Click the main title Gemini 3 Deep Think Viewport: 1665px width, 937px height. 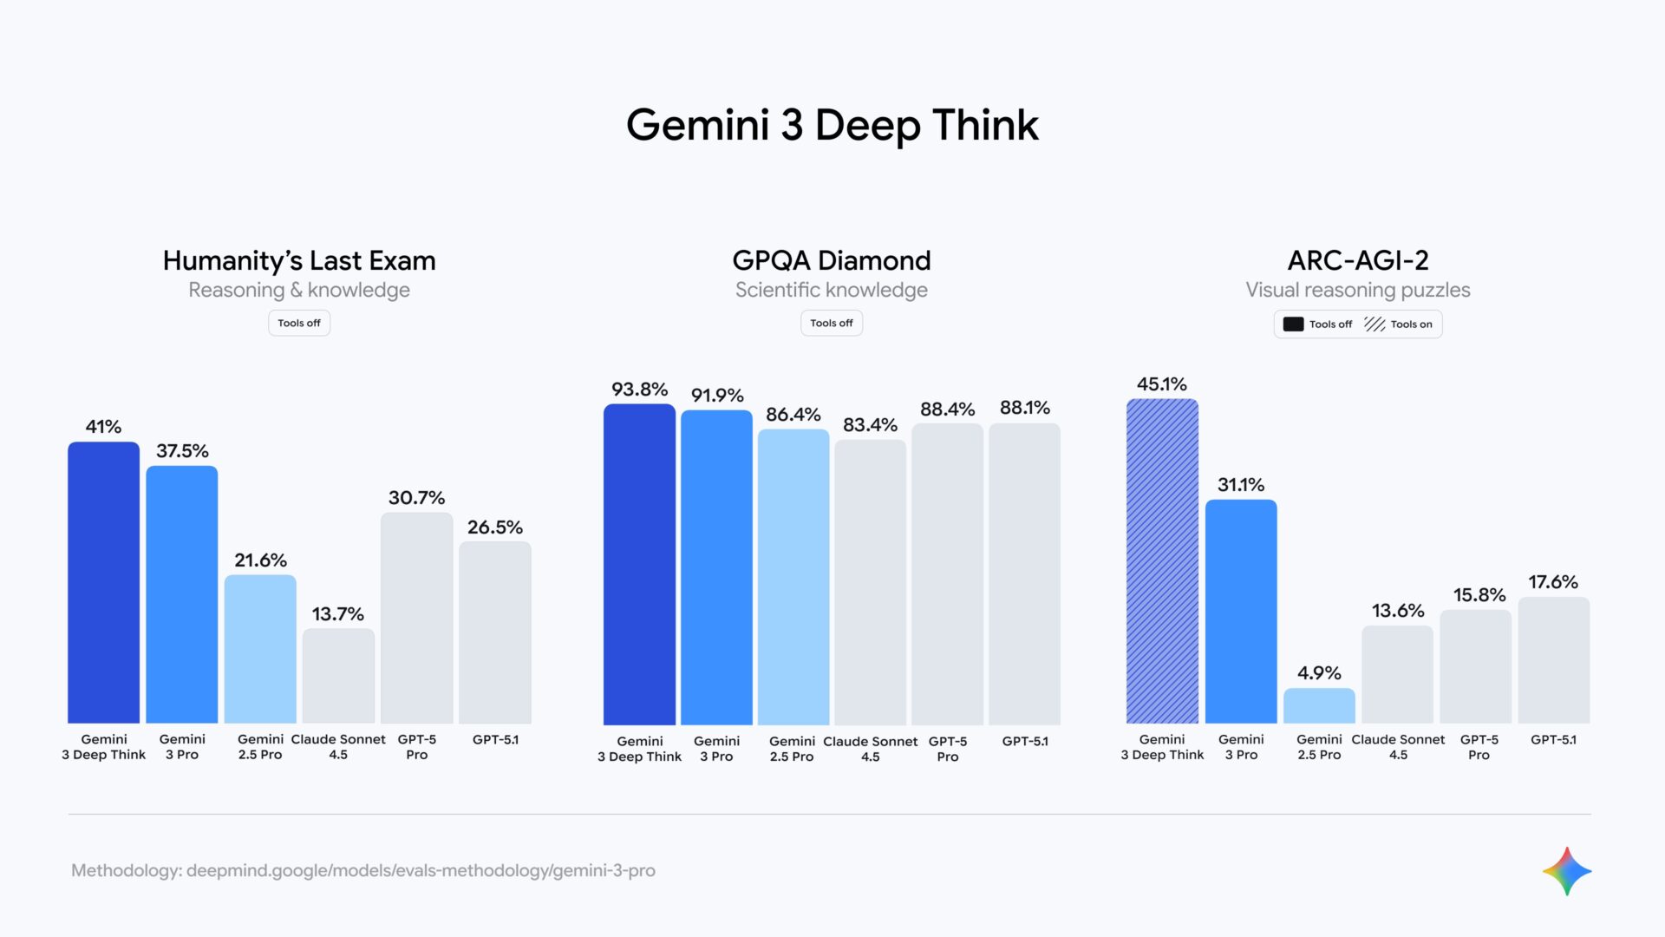[832, 125]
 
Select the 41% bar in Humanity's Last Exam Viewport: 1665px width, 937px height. [103, 581]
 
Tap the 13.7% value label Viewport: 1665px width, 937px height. [337, 614]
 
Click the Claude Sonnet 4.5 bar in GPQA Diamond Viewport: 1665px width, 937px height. [870, 581]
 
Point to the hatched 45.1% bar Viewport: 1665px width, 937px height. [1162, 560]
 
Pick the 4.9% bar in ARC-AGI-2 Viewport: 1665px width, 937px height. [1319, 705]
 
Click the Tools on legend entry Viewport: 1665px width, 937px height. [1399, 324]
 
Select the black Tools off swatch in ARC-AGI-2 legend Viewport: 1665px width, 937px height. [1293, 324]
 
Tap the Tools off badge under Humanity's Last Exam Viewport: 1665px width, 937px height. [299, 323]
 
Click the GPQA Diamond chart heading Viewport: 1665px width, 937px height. [831, 260]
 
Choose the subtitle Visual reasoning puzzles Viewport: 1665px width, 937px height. [1358, 290]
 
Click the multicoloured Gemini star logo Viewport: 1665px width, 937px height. [1566, 871]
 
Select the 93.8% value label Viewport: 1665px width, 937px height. [639, 390]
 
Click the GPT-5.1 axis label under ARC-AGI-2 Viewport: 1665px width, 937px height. [1553, 740]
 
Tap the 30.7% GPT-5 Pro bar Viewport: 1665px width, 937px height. [416, 617]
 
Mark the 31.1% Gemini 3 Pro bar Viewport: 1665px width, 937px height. [1241, 611]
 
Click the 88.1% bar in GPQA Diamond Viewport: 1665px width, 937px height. [1024, 573]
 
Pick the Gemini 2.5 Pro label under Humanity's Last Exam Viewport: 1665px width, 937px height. [260, 747]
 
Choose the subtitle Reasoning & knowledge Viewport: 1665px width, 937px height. [299, 290]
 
